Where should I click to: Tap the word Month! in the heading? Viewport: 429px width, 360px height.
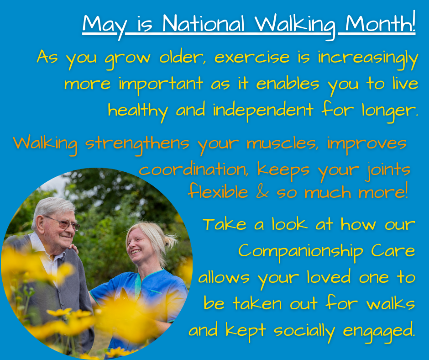pos(381,22)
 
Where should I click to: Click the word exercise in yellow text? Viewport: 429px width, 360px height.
pos(252,57)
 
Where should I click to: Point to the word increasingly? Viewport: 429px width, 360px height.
pos(368,59)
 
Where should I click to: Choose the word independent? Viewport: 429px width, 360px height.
pos(263,111)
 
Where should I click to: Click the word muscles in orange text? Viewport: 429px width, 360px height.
pos(283,143)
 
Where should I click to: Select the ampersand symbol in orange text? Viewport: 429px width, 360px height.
pos(262,192)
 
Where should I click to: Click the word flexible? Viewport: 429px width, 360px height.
pos(218,191)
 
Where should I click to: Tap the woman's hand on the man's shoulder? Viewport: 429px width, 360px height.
pos(73,248)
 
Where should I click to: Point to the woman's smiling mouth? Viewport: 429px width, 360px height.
pos(136,252)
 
